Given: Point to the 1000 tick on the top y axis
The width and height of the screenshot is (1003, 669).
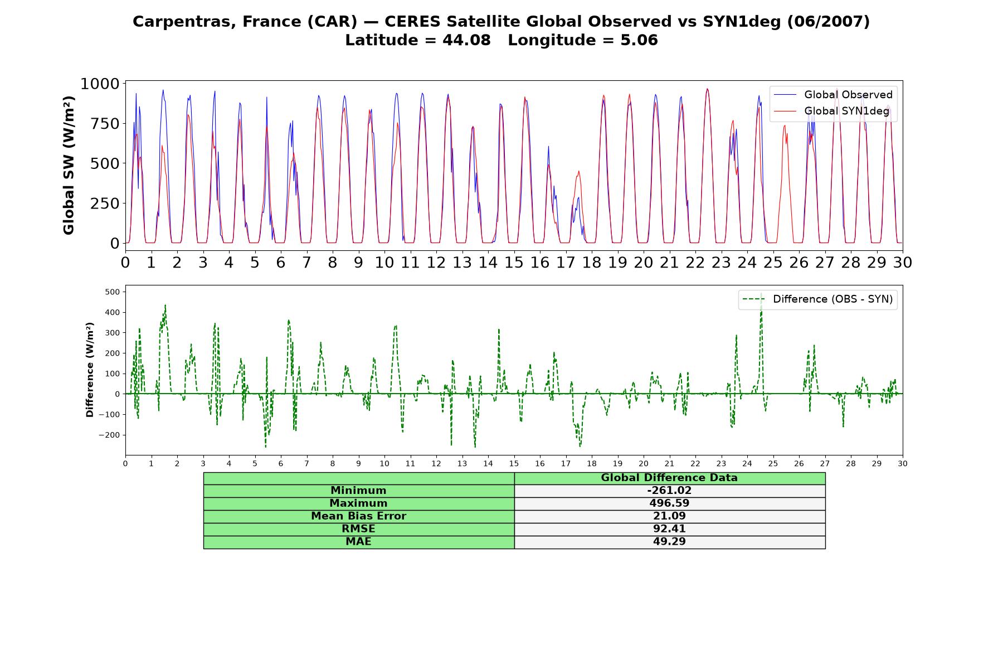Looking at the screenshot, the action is (100, 84).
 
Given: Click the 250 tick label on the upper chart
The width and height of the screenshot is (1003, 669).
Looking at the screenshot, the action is (105, 203).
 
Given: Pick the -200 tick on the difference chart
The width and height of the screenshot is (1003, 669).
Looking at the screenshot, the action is (109, 435).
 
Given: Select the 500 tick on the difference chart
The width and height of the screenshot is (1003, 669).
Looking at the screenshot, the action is (113, 292).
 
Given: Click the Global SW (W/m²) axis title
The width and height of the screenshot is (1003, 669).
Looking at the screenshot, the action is (69, 165).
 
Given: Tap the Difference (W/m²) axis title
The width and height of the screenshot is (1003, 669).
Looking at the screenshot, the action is (90, 370).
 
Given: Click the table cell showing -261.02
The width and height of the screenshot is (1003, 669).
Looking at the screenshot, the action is (669, 491).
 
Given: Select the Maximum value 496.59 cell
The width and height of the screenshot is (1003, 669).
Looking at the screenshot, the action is (669, 503).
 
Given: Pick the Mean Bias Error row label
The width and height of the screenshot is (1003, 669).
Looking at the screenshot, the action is (358, 516).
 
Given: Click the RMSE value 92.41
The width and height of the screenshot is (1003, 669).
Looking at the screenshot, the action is (669, 529).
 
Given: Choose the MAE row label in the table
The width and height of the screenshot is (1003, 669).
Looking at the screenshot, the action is (358, 542).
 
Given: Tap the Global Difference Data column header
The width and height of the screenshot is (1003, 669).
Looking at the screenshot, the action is (669, 478).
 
